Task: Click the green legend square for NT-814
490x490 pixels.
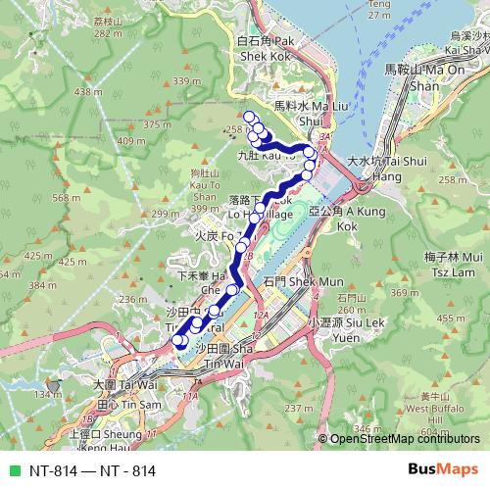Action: (12, 470)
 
